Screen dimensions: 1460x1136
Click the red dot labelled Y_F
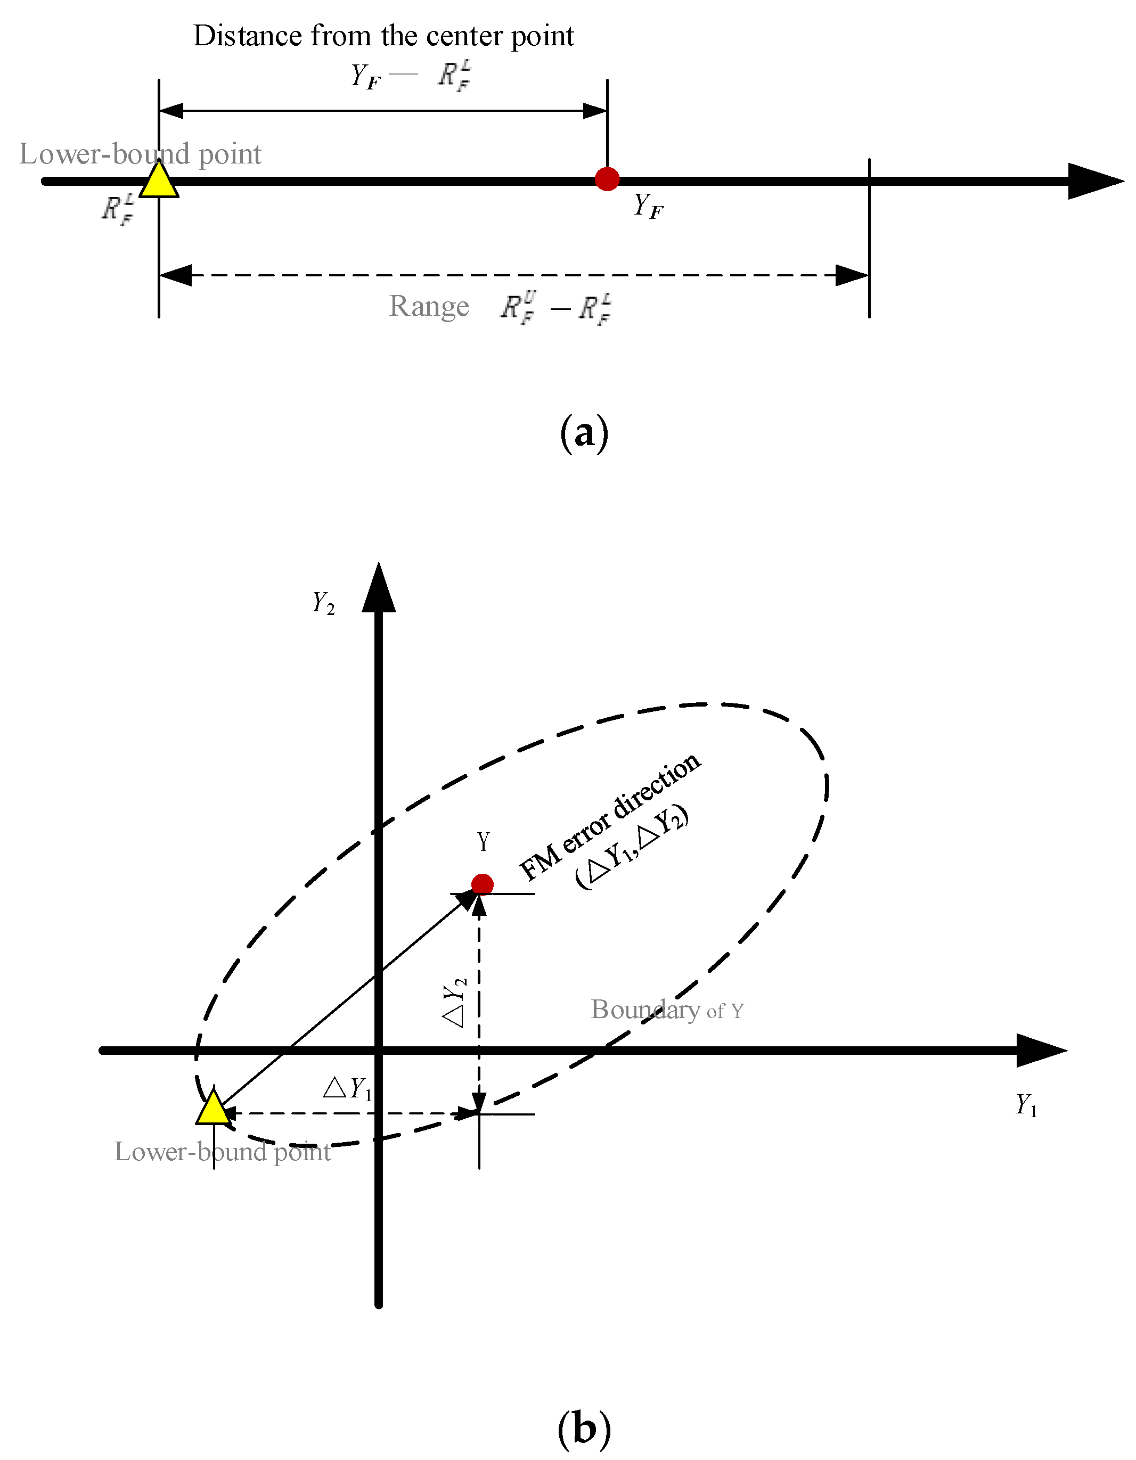click(607, 178)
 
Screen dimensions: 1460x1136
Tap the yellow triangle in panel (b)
click(213, 1109)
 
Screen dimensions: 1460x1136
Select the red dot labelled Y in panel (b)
click(482, 884)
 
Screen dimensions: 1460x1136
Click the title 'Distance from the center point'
click(383, 36)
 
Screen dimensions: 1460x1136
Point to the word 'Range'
click(429, 306)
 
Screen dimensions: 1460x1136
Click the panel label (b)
click(584, 1429)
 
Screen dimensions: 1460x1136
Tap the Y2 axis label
click(323, 602)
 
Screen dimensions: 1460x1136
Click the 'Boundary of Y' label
click(667, 1010)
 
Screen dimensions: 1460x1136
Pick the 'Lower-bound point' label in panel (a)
click(140, 154)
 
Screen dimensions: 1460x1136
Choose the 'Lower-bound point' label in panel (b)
click(223, 1152)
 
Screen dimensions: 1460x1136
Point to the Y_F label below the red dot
click(648, 206)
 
